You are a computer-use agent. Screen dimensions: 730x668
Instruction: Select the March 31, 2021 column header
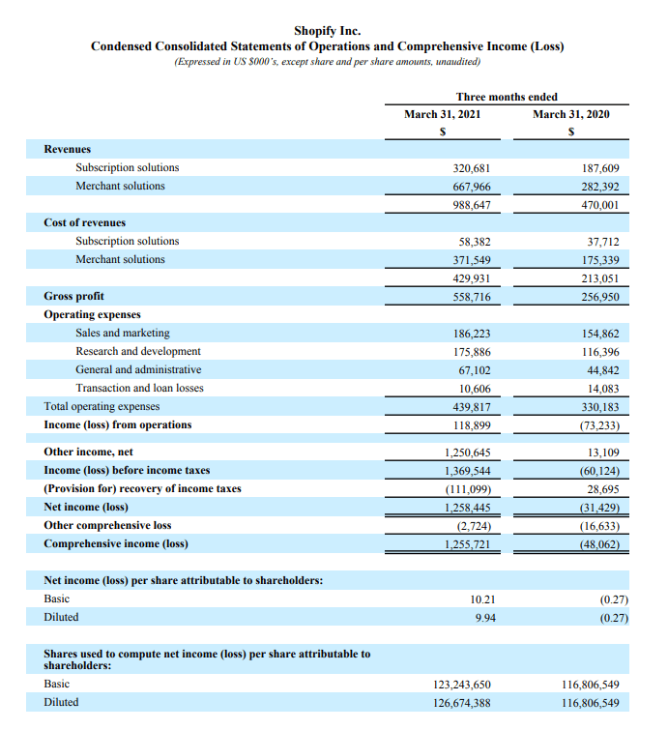(x=442, y=114)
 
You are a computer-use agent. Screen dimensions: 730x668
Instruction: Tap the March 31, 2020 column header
(x=571, y=114)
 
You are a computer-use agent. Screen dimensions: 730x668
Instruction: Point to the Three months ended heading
(x=506, y=97)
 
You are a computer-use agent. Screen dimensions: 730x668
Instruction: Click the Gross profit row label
(x=73, y=296)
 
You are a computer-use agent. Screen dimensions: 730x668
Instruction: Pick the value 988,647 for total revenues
(x=472, y=205)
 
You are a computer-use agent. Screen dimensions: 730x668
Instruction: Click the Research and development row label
(x=138, y=351)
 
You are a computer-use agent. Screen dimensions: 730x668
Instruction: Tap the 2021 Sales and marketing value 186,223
(x=472, y=334)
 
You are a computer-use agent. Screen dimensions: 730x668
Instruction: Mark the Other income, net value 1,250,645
(x=467, y=453)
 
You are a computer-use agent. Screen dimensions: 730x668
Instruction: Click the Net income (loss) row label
(x=86, y=507)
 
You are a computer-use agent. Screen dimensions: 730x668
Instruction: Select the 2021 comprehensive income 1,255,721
(x=467, y=544)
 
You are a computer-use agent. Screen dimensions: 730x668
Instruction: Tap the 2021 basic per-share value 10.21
(x=482, y=599)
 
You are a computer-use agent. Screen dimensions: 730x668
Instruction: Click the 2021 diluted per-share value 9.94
(x=485, y=618)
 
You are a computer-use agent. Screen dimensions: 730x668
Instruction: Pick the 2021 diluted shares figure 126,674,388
(x=462, y=703)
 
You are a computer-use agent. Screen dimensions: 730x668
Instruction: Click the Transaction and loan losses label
(x=139, y=388)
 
